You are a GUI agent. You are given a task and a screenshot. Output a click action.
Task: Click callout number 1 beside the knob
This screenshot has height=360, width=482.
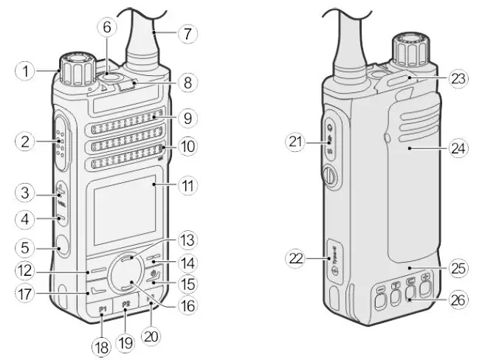tap(25, 71)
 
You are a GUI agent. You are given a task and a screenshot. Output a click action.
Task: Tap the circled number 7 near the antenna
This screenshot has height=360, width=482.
tap(188, 34)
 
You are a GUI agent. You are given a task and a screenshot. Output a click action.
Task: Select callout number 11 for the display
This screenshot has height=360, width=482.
tap(188, 185)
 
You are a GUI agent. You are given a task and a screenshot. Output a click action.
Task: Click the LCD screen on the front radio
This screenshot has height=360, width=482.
tap(120, 207)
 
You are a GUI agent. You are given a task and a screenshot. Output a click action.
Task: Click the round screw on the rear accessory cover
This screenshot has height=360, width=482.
tap(329, 176)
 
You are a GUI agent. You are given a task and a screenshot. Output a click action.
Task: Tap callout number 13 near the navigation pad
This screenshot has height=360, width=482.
tap(188, 240)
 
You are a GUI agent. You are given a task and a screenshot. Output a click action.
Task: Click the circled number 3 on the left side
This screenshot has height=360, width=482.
tap(25, 193)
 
